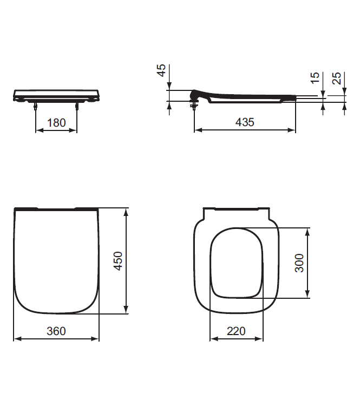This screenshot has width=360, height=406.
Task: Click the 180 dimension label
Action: [x=56, y=122]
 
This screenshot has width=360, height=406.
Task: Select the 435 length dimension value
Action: [x=245, y=122]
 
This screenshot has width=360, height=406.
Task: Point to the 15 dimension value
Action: [x=316, y=79]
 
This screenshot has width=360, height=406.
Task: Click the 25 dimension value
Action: [x=337, y=79]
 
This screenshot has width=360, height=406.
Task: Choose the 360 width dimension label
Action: [x=56, y=330]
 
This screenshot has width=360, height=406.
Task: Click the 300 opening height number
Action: [x=299, y=263]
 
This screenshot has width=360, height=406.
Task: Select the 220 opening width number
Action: [x=236, y=330]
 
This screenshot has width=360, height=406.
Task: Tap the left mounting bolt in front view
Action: [x=36, y=106]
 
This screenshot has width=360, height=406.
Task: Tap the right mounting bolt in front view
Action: [x=77, y=106]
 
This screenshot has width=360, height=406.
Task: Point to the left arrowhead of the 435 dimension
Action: [x=197, y=130]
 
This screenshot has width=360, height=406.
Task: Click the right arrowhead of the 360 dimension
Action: [x=96, y=339]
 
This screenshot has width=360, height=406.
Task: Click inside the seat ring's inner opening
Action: [x=237, y=263]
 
